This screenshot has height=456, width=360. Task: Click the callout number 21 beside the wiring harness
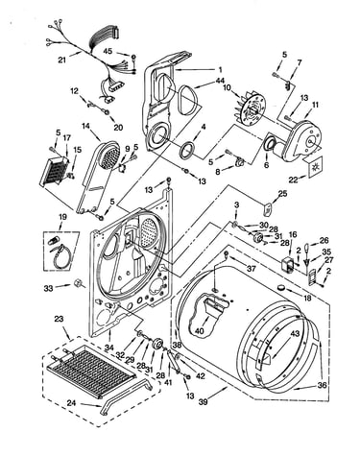pos(63,60)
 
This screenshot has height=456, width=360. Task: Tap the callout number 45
pos(108,51)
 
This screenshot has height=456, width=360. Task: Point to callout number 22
pos(294,180)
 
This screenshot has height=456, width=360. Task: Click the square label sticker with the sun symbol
pos(315,166)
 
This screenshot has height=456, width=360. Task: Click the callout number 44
pos(220,80)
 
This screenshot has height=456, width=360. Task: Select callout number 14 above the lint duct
pos(85,126)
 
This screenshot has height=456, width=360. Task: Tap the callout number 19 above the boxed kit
pos(62,217)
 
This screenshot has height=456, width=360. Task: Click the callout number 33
pos(49,288)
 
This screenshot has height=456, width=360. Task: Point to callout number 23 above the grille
pos(59,319)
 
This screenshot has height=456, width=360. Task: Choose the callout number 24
pos(71,403)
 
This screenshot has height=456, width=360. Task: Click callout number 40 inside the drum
pos(199,331)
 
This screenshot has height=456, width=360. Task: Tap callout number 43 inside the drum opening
pos(295,333)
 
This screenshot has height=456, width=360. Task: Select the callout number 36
pos(322,385)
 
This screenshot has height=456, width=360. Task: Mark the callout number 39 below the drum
pos(203,401)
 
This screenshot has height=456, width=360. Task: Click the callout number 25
pos(282,193)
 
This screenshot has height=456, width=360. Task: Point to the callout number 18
pos(307,298)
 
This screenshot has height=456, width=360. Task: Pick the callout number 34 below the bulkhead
pos(109,346)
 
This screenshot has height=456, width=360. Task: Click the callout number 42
pos(200,376)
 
